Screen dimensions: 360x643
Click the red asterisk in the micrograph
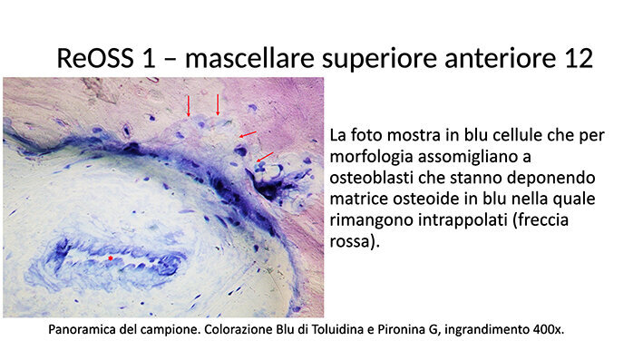(x=111, y=258)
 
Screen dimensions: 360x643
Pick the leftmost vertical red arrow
(x=189, y=105)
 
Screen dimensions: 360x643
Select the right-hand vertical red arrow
(x=218, y=104)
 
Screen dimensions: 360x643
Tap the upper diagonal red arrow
(x=247, y=135)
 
